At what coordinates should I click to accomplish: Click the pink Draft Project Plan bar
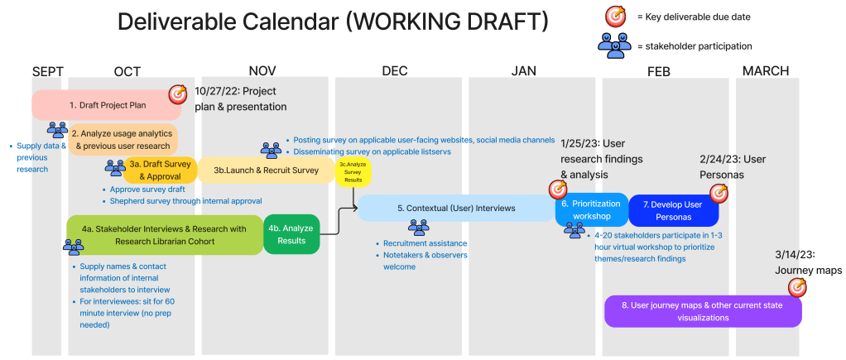pos(99,105)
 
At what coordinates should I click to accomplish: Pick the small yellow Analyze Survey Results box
pos(353,171)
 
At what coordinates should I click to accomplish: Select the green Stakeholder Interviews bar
pos(164,234)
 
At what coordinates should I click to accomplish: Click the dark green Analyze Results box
pos(291,234)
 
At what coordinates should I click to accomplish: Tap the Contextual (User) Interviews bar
pos(455,209)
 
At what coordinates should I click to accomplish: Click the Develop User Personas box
pos(672,210)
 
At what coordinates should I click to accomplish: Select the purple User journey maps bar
pos(703,311)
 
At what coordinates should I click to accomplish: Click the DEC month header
pos(395,71)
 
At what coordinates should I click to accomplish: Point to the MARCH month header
pos(765,71)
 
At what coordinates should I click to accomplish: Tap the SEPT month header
pos(47,71)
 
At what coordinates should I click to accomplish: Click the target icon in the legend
pos(615,16)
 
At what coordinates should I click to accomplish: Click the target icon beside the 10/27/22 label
pos(178,95)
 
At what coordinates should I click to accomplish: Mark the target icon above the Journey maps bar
pos(797,287)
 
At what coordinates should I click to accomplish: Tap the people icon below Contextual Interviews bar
pos(419,227)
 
